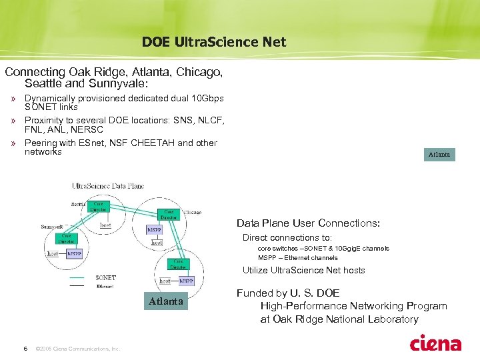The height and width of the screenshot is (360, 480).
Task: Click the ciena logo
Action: pyautogui.click(x=435, y=344)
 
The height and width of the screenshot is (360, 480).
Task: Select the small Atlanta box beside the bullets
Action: pyautogui.click(x=439, y=155)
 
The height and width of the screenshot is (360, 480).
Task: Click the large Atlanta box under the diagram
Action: pyautogui.click(x=166, y=301)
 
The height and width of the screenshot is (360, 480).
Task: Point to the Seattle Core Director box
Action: pyautogui.click(x=99, y=207)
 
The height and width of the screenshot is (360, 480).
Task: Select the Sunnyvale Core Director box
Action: pyautogui.click(x=66, y=239)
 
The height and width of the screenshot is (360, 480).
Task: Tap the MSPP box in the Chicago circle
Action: pyautogui.click(x=154, y=230)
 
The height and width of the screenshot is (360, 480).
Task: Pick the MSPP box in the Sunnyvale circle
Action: pyautogui.click(x=74, y=254)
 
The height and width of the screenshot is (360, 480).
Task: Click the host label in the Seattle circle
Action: pyautogui.click(x=105, y=225)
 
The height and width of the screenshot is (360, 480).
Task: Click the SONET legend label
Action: pyautogui.click(x=105, y=277)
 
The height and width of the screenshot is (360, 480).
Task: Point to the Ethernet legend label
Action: pyautogui.click(x=105, y=285)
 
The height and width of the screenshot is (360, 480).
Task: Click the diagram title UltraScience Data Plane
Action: pyautogui.click(x=108, y=186)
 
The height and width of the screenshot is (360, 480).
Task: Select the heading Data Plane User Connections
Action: pyautogui.click(x=308, y=223)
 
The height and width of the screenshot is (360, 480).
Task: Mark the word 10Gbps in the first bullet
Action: pyautogui.click(x=208, y=99)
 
